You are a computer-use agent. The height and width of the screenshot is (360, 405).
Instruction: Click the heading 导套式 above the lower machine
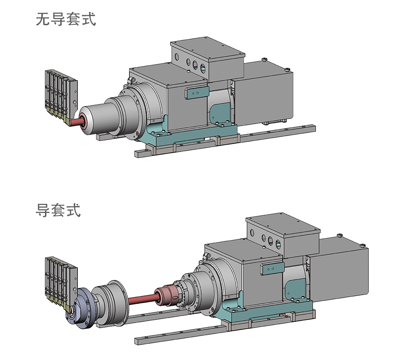(58, 210)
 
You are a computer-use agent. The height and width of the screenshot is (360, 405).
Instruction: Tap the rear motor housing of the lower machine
(342, 272)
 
